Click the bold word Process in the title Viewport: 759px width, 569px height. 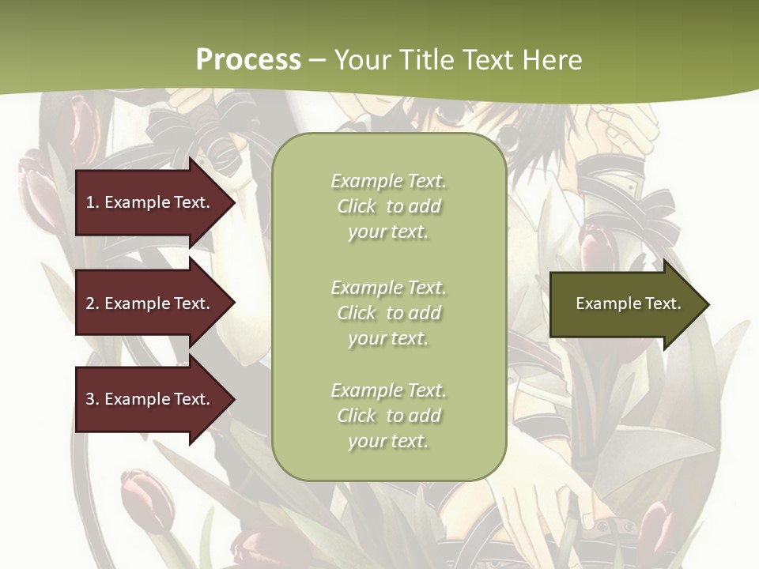(x=248, y=60)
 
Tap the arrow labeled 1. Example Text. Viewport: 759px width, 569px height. (x=150, y=202)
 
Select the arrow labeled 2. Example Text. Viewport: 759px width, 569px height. (x=150, y=303)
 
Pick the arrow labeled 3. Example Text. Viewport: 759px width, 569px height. (x=150, y=399)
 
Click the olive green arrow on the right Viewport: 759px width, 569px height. (x=625, y=304)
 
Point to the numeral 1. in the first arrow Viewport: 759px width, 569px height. (x=93, y=202)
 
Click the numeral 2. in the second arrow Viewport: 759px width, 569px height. (x=93, y=303)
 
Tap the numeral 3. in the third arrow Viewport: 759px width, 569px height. (x=93, y=399)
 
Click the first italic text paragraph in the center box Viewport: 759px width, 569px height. (x=388, y=206)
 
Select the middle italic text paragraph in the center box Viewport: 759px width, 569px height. (x=388, y=313)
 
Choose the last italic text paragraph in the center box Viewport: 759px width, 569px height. (x=388, y=416)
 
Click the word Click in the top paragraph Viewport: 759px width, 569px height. (x=357, y=206)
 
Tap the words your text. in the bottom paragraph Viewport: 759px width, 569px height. (x=388, y=442)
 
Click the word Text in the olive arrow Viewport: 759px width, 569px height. (x=663, y=303)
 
